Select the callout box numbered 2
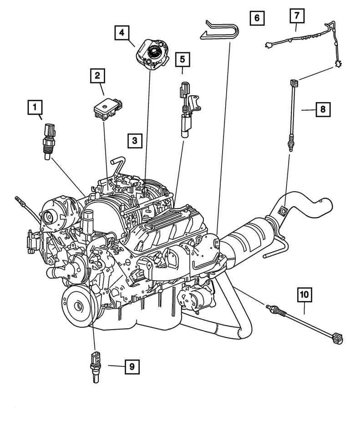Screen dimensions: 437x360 [97, 76]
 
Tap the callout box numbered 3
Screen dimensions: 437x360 [135, 141]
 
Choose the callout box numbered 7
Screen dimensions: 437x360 [297, 16]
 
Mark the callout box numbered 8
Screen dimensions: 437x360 [322, 109]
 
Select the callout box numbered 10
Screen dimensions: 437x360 [304, 295]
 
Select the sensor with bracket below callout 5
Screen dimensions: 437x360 [187, 112]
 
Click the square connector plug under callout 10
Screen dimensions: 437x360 [338, 338]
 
